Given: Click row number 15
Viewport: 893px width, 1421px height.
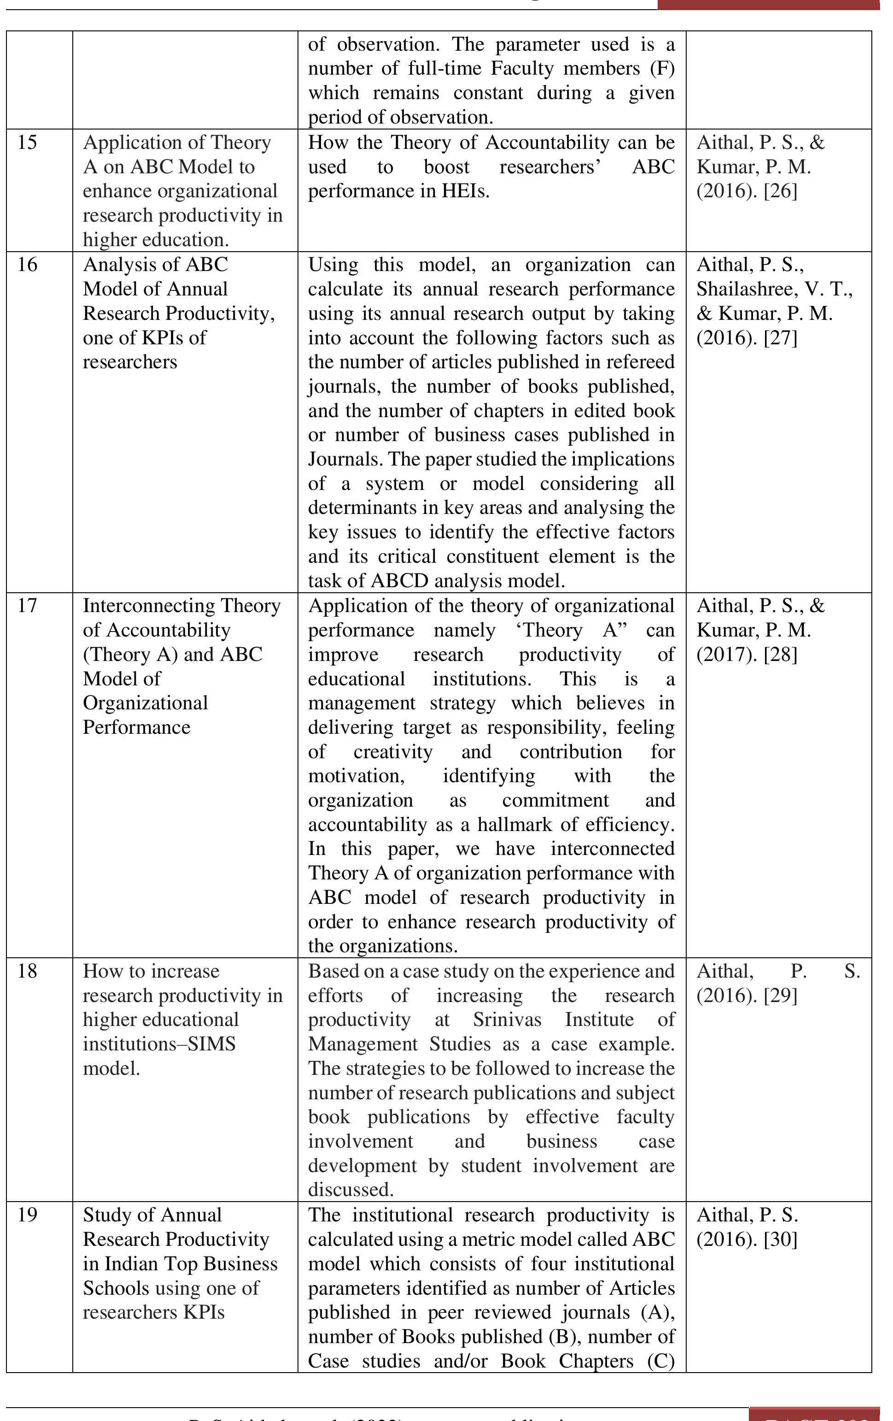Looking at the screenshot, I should click(x=27, y=142).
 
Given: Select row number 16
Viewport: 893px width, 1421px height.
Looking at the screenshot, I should click(x=27, y=265).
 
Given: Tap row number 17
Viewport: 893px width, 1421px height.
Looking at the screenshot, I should click(x=27, y=606).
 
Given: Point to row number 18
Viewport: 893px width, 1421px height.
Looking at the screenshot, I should click(x=27, y=971).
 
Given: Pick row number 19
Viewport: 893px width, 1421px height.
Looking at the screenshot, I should click(x=27, y=1215).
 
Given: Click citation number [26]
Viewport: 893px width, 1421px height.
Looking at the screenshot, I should click(x=780, y=191).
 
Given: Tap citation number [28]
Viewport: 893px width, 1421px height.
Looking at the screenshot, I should click(x=780, y=654).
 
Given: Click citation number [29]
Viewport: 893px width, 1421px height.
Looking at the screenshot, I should click(x=780, y=996).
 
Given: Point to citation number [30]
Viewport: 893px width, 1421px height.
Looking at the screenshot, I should click(x=780, y=1239).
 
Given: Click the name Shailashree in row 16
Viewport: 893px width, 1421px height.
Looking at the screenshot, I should click(x=745, y=289).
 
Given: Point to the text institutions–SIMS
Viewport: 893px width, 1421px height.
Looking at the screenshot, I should click(x=159, y=1044).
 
